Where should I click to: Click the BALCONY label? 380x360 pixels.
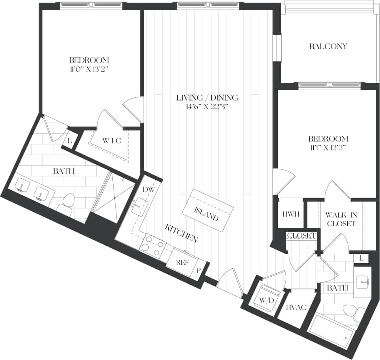click(328, 46)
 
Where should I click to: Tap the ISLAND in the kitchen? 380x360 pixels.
click(208, 210)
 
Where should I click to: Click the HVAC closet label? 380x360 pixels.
click(295, 308)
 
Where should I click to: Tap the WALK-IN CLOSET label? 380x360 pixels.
click(340, 219)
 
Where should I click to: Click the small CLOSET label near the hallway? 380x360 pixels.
click(301, 236)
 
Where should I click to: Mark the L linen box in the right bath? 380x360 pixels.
click(361, 258)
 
